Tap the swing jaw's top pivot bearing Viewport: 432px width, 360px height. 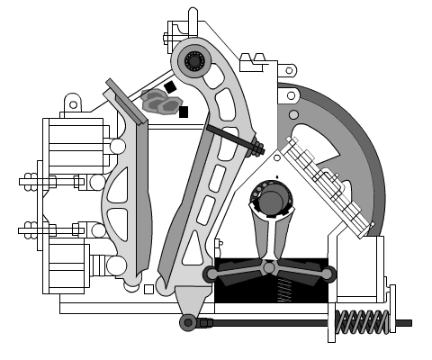[194, 61]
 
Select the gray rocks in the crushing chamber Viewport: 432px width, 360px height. [160, 102]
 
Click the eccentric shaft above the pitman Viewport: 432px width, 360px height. [271, 200]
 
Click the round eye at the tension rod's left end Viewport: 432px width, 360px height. [188, 322]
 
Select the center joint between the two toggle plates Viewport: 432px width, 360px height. [269, 267]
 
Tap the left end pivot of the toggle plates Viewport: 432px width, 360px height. [212, 274]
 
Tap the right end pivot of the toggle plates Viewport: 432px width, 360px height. [328, 274]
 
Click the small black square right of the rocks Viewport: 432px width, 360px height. [184, 112]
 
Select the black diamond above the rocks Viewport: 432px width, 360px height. [170, 87]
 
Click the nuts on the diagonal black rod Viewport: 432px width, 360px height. [256, 146]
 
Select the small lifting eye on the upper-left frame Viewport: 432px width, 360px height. [73, 104]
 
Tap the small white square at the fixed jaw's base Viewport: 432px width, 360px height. [148, 289]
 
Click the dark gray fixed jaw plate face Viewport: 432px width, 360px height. [143, 198]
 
